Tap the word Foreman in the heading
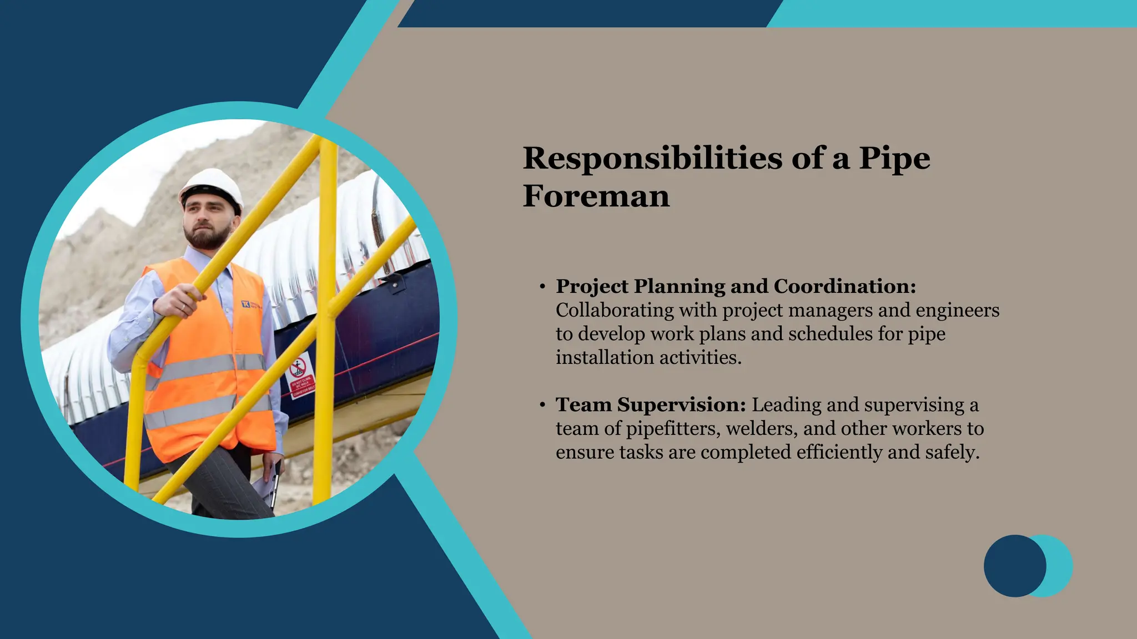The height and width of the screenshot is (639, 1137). [596, 196]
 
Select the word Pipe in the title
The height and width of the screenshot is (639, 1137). [894, 159]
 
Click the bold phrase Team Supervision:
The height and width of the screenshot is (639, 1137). [651, 405]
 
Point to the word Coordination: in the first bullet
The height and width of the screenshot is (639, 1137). [844, 286]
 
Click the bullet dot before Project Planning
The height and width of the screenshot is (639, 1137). [542, 287]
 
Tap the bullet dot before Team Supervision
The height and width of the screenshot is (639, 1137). [542, 405]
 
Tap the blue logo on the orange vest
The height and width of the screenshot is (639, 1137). [246, 304]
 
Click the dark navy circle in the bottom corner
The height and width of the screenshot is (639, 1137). [1014, 566]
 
